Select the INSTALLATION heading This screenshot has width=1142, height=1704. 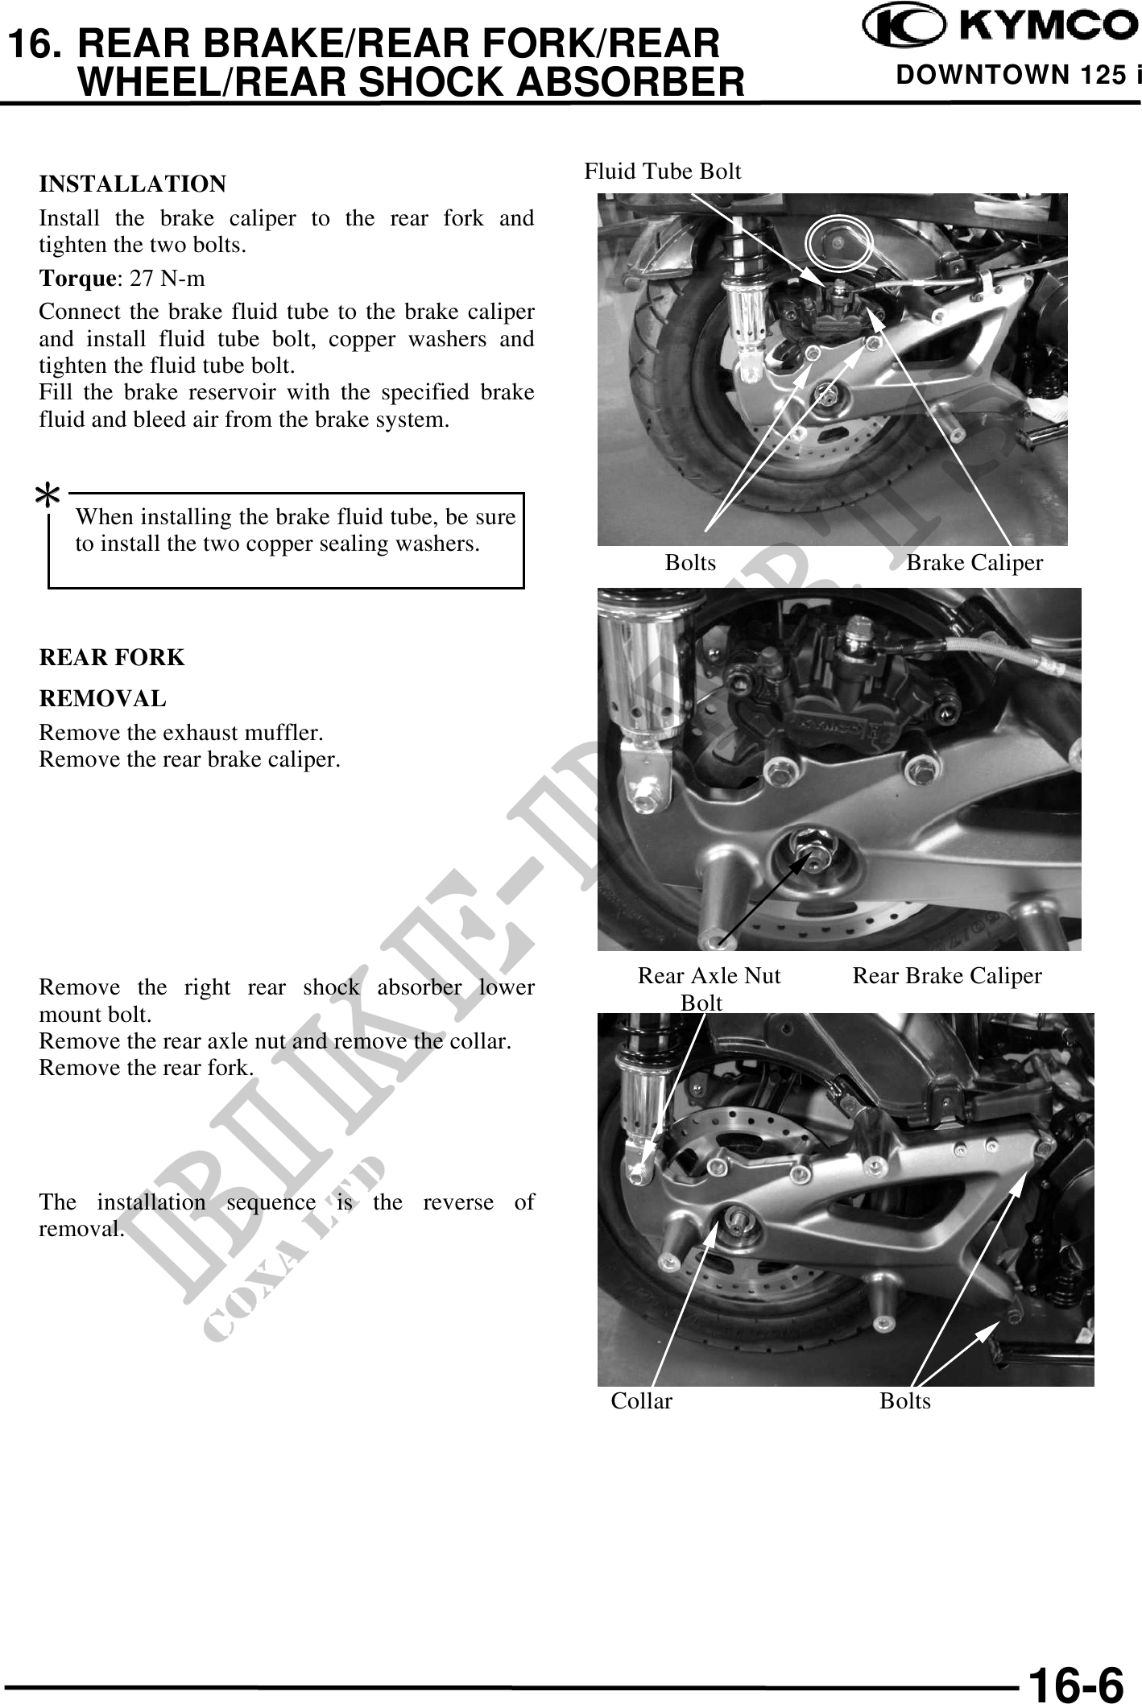click(133, 184)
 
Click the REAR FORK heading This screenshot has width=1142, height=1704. click(112, 658)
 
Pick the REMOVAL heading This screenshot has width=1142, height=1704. click(103, 699)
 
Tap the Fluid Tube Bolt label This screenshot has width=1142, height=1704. click(662, 172)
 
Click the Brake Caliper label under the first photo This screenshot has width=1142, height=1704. click(974, 563)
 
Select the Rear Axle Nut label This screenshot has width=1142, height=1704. click(709, 976)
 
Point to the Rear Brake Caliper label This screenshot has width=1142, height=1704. click(946, 976)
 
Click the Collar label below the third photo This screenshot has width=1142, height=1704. click(641, 1401)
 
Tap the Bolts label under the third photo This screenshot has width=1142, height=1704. click(904, 1401)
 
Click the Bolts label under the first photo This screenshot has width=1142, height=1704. click(690, 563)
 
